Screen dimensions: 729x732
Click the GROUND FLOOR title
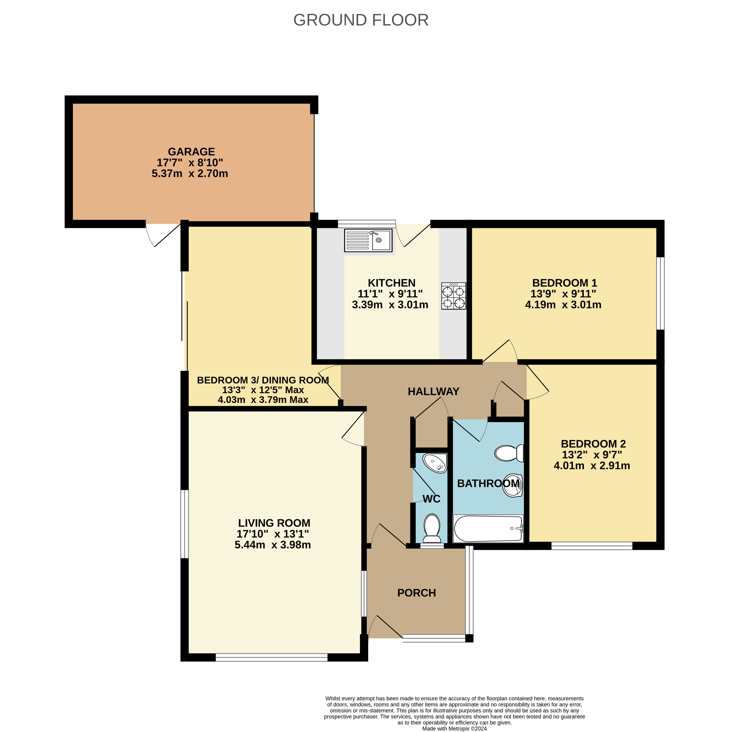pyautogui.click(x=361, y=20)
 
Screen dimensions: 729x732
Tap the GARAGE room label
pyautogui.click(x=191, y=152)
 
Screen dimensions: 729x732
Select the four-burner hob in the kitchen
pyautogui.click(x=454, y=296)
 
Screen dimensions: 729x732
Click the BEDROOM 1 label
pyautogui.click(x=564, y=283)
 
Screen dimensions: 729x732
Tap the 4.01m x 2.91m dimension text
pyautogui.click(x=592, y=466)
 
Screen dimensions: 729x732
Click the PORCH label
pyautogui.click(x=416, y=593)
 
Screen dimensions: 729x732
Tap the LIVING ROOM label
pyautogui.click(x=274, y=523)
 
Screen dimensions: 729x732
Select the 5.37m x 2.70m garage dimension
pyautogui.click(x=190, y=174)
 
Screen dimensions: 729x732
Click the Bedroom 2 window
pyautogui.click(x=592, y=546)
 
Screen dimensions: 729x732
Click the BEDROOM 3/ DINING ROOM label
pyautogui.click(x=263, y=380)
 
